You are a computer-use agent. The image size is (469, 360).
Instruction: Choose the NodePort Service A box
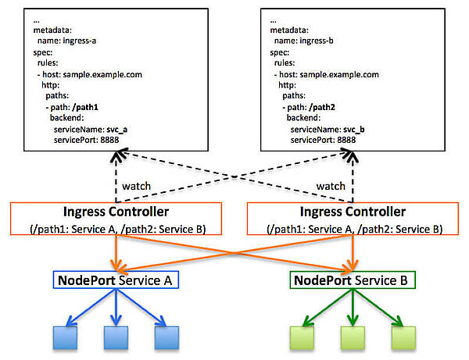click(x=116, y=279)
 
